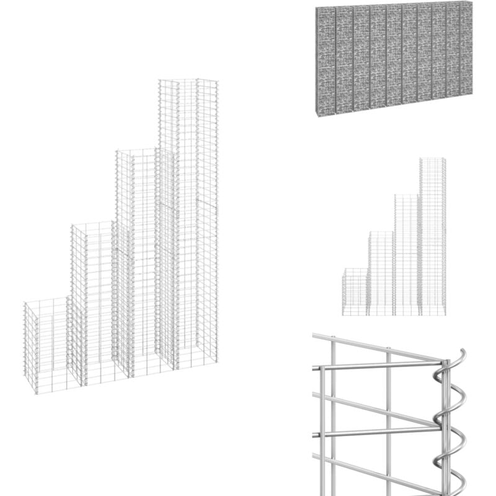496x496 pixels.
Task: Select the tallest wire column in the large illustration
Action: pos(188,217)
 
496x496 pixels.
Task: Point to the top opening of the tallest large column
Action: pos(188,81)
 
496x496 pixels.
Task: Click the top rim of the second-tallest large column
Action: pos(136,151)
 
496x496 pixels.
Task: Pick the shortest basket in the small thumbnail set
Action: pos(355,291)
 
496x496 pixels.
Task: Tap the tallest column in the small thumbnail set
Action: pos(432,236)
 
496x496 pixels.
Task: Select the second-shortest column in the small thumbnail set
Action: pos(381,273)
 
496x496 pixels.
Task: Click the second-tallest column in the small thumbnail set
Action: pos(407,254)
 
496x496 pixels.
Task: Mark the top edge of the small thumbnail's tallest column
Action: pos(432,159)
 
